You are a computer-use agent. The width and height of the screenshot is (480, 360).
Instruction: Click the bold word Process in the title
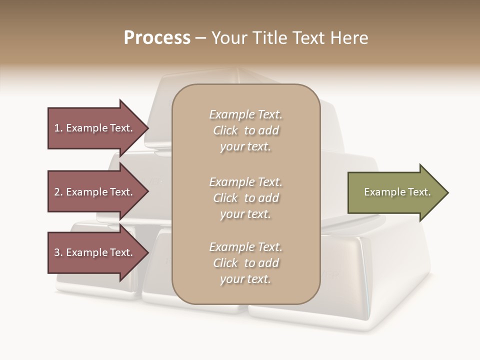157,38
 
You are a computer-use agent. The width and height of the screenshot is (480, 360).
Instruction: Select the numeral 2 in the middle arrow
57,192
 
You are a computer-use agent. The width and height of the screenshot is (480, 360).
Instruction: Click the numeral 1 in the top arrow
57,128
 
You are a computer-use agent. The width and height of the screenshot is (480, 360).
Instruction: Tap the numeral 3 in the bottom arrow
57,252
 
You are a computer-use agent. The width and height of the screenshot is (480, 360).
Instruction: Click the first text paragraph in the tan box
245,130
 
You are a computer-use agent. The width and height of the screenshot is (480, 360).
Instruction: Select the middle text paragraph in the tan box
245,198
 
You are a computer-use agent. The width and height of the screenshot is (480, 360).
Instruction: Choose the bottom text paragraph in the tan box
245,263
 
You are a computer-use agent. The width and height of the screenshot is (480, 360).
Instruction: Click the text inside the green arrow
397,192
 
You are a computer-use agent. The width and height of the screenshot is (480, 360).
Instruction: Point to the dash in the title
200,38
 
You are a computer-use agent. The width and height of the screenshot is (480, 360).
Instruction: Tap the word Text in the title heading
307,38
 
